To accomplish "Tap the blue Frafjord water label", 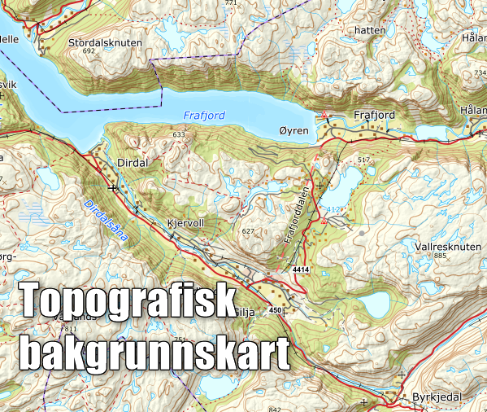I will [204, 115].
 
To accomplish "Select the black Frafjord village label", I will [375, 116].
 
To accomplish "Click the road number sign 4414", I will [302, 268].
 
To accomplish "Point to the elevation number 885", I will [441, 256].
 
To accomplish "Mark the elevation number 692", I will [89, 51].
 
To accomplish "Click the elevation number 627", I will [248, 231].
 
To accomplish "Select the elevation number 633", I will [179, 134].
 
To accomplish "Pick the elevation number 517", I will [363, 159].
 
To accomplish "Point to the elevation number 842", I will [274, 409].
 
